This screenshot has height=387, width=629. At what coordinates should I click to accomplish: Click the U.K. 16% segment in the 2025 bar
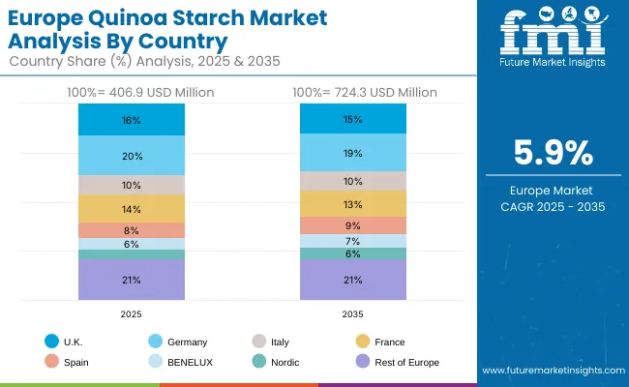click(x=132, y=120)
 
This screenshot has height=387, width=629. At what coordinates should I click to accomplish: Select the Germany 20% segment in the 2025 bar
click(x=132, y=156)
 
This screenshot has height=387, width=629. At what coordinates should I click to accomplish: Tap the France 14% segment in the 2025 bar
click(x=132, y=209)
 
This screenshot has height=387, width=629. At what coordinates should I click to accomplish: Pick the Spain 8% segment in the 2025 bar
click(x=132, y=230)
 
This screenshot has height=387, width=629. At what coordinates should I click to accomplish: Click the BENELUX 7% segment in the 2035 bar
click(x=352, y=241)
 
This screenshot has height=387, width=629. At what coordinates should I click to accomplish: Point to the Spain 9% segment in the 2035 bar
click(x=352, y=225)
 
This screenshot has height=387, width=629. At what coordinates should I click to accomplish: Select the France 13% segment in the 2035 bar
click(x=352, y=204)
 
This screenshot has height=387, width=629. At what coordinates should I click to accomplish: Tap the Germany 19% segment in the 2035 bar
click(x=352, y=153)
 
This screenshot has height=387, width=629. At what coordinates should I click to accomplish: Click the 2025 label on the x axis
click(x=132, y=313)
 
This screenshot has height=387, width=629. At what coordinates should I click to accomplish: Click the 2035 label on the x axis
click(x=352, y=313)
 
